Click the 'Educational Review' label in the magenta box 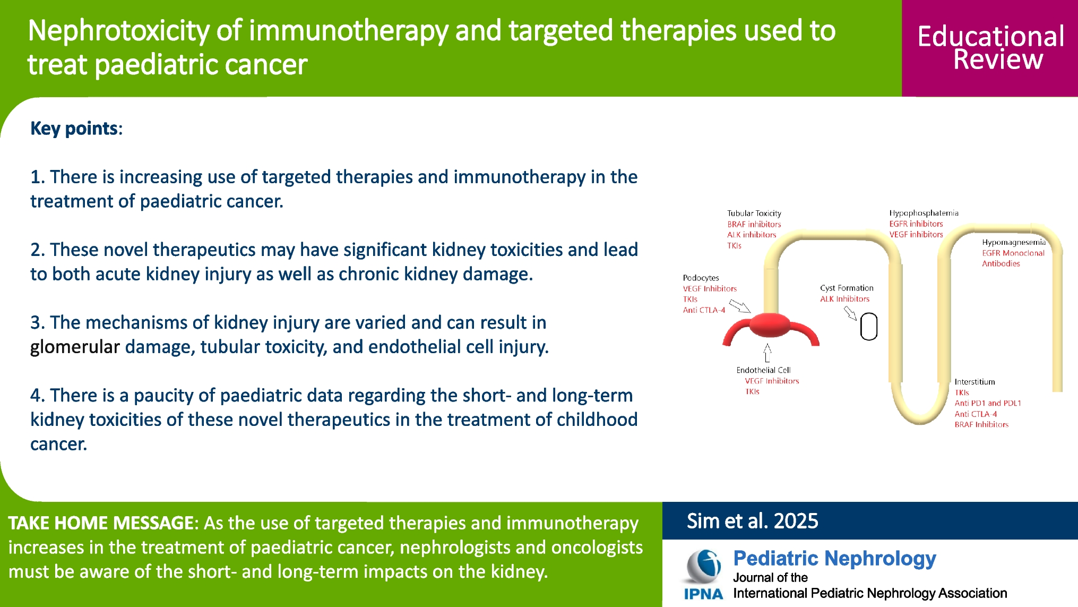click(990, 48)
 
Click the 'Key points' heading click(74, 129)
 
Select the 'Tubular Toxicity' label click(754, 213)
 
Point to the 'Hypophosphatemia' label click(924, 213)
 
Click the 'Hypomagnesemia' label click(1013, 242)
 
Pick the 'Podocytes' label click(701, 278)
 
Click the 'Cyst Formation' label click(847, 288)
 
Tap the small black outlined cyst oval click(868, 327)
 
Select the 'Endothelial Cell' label click(763, 370)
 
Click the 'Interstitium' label click(974, 382)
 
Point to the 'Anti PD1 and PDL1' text click(988, 403)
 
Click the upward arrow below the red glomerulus click(767, 353)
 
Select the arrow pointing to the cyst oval click(850, 313)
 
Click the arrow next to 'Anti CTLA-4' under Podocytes click(739, 306)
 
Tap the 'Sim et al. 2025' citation click(752, 521)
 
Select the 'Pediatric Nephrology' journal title click(834, 559)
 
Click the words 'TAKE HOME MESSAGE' click(101, 523)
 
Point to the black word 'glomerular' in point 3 click(75, 347)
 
